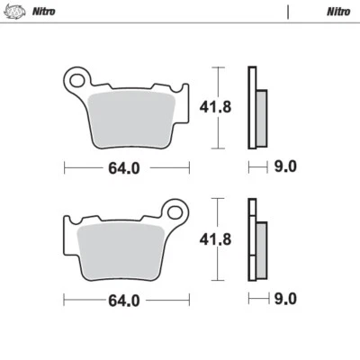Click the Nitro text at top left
(43, 12)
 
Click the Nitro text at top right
(337, 12)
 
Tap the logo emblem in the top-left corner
(15, 12)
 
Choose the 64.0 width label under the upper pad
(126, 166)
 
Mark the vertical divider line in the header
(287, 12)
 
